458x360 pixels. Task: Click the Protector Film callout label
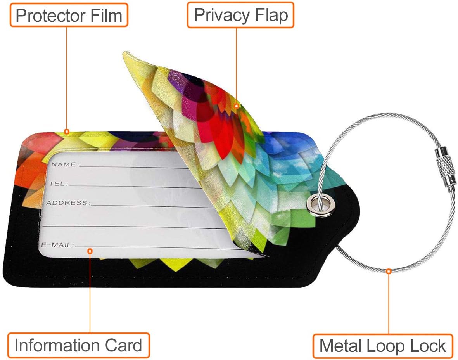pos(69,16)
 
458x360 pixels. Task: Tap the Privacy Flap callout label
pos(240,15)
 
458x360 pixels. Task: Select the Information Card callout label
pos(78,345)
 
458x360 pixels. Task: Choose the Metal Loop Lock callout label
pos(382,346)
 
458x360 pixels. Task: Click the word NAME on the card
pos(64,164)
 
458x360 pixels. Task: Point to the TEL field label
pos(57,183)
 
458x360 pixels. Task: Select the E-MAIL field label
pos(57,245)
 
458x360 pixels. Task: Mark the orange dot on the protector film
pos(67,132)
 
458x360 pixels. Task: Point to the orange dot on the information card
pos(90,251)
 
